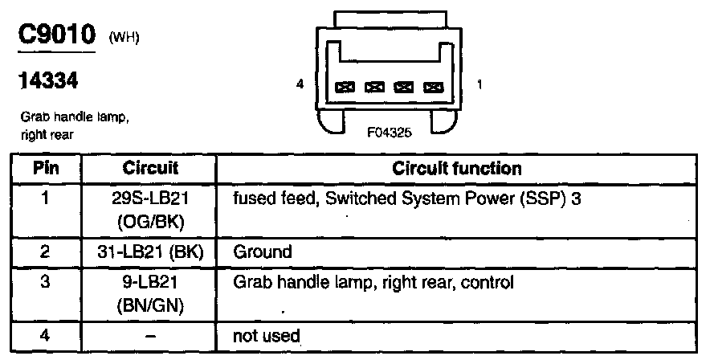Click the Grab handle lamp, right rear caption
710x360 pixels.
pos(75,127)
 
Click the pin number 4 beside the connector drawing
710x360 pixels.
pos(300,84)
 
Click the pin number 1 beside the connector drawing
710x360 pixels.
pos(479,84)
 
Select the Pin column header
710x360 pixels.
pos(45,170)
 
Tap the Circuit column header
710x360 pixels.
pos(150,170)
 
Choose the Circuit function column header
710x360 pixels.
pos(456,170)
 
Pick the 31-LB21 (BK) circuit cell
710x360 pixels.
pos(150,252)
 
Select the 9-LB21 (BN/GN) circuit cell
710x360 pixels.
pos(150,293)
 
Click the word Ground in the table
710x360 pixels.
pos(262,252)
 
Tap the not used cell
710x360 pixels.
pos(266,335)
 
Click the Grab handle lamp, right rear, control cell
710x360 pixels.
pos(373,283)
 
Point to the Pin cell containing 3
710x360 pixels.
pos(45,283)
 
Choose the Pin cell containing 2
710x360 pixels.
pos(45,252)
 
